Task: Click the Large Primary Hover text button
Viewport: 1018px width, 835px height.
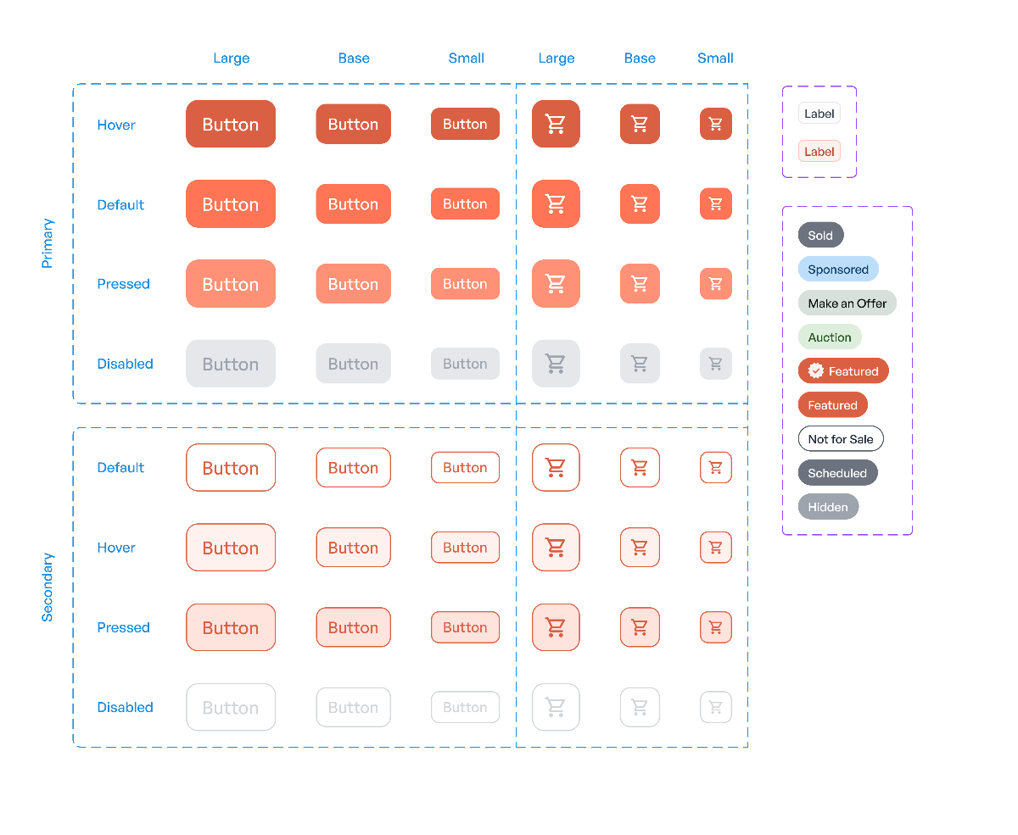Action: coord(231,124)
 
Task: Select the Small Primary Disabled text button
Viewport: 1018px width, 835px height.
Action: coord(465,364)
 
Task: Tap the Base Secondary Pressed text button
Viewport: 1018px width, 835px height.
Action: coord(353,627)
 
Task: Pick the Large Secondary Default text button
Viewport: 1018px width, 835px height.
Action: coord(231,467)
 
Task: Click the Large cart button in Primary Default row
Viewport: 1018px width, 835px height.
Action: coord(556,203)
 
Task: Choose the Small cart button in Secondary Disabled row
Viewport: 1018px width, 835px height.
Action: coord(715,707)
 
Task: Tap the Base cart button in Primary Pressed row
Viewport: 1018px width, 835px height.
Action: coord(640,283)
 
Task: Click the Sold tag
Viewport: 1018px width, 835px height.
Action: coord(820,236)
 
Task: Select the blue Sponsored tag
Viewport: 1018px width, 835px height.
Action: coord(837,270)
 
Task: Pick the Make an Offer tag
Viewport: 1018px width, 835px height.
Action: coord(847,303)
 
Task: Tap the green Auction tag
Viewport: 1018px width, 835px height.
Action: coord(829,337)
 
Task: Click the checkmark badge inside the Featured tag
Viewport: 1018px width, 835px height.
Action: coord(816,370)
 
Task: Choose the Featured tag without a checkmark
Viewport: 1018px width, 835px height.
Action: coord(832,405)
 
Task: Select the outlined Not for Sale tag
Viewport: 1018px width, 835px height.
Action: coord(840,439)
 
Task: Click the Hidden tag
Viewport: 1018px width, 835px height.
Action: coord(828,507)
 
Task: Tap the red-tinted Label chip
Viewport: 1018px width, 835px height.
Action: coord(819,152)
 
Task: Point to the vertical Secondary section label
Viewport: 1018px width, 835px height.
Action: coord(48,587)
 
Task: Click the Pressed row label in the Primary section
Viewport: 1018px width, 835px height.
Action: coord(123,284)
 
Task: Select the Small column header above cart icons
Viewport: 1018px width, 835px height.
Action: coord(715,58)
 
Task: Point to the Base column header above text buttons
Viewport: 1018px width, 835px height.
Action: coord(354,58)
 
